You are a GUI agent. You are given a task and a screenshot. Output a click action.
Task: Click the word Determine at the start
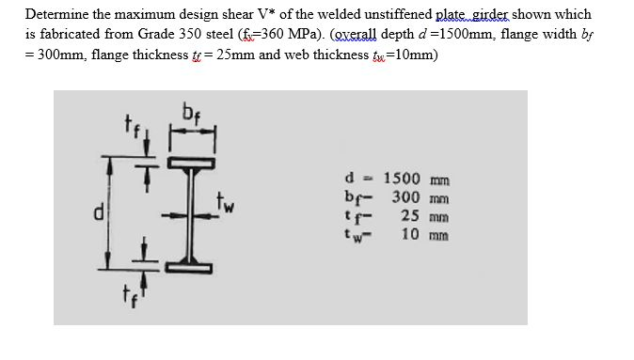click(x=56, y=14)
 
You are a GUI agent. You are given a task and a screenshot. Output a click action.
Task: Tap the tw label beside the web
click(x=226, y=200)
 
